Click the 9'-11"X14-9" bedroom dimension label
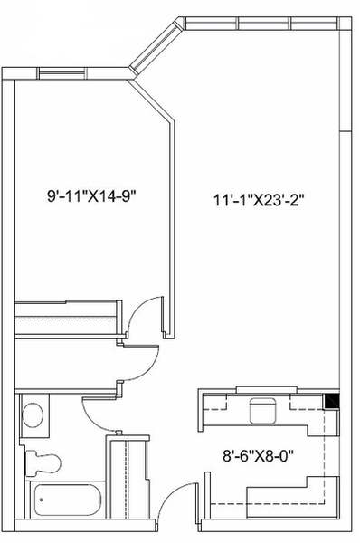(x=90, y=196)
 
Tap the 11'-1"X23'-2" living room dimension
(x=259, y=200)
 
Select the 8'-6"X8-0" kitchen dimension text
(x=258, y=456)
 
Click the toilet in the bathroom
(x=43, y=462)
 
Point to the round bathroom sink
(x=33, y=414)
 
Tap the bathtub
(x=68, y=500)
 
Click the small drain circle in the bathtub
(x=42, y=500)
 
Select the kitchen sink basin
(x=262, y=411)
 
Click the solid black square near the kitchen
(x=331, y=402)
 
